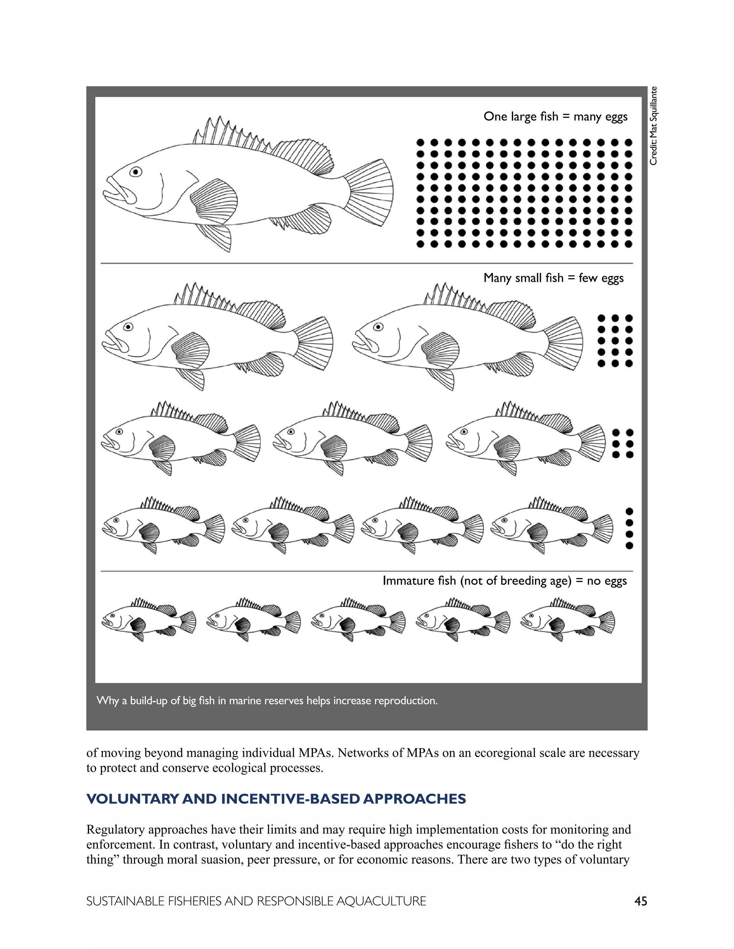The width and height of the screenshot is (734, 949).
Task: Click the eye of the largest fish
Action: pos(136,172)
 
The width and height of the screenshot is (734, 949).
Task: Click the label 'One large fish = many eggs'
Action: pos(555,116)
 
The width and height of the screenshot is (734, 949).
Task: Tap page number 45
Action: pos(640,901)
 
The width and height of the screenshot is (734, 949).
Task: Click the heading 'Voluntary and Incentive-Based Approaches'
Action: pos(276,799)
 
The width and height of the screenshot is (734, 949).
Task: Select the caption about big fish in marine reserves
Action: pos(267,700)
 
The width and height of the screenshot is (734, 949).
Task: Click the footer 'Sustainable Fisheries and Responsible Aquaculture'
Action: pos(256,901)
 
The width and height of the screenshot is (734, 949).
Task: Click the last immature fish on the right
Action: pos(567,619)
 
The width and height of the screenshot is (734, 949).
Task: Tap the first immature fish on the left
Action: pos(148,619)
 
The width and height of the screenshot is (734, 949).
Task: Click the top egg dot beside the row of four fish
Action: pos(629,511)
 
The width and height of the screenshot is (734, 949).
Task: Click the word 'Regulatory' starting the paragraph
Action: pos(116,829)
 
